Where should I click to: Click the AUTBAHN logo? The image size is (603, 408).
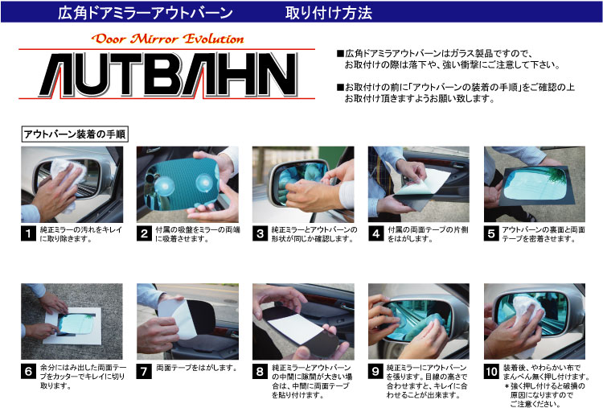(169, 74)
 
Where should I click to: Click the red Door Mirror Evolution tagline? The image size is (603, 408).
(168, 39)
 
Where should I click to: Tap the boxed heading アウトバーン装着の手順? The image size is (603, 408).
(74, 134)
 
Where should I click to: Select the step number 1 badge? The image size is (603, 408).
(28, 233)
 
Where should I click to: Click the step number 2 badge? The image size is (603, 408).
(144, 233)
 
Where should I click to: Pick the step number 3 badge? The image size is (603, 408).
(260, 233)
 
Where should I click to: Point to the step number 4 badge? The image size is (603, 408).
(375, 233)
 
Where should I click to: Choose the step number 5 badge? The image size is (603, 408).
(491, 233)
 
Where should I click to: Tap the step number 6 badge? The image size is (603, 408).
(28, 372)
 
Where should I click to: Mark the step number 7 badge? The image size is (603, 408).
(144, 372)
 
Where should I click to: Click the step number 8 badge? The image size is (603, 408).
(260, 372)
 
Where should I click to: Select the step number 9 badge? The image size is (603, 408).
(375, 372)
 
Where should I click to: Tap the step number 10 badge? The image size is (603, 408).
(491, 372)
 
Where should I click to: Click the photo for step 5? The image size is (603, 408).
(535, 184)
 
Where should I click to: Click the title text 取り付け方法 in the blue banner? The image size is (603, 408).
(329, 13)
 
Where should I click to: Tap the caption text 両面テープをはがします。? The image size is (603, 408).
(197, 368)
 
